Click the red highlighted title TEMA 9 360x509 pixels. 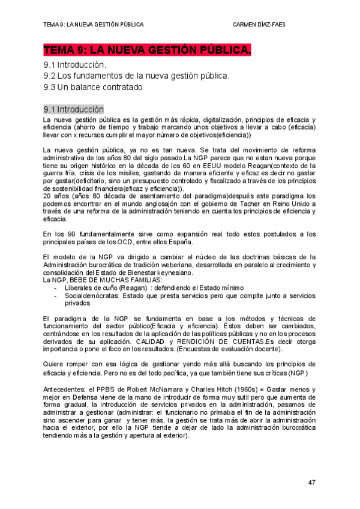point(147,50)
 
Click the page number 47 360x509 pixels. point(312,482)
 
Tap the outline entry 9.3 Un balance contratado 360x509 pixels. point(93,87)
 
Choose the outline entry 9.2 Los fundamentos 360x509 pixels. point(136,76)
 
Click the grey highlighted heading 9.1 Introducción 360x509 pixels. point(73,110)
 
